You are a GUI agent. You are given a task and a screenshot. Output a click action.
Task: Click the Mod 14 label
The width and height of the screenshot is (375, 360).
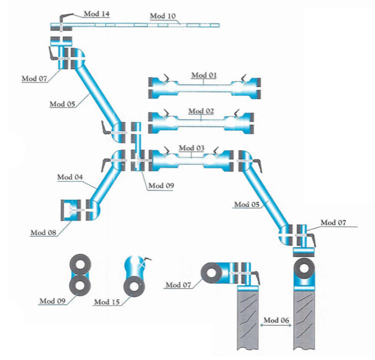[x=96, y=14]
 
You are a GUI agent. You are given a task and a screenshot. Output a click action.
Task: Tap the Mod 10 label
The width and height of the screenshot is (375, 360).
[x=162, y=16]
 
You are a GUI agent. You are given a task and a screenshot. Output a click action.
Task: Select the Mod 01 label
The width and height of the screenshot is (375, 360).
[x=204, y=75]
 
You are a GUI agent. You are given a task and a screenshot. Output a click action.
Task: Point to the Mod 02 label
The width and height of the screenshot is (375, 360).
[x=201, y=111]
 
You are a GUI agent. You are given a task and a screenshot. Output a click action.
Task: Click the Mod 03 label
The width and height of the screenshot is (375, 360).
[x=192, y=148]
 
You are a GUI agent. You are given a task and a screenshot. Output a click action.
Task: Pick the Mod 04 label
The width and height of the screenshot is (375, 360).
[x=70, y=177]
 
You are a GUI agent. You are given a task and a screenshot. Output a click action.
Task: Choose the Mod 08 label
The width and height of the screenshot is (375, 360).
[x=43, y=232]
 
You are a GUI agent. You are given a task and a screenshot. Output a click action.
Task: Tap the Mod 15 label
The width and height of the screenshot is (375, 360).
[x=107, y=302]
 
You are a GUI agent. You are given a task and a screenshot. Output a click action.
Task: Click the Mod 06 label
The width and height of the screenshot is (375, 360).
[x=276, y=320]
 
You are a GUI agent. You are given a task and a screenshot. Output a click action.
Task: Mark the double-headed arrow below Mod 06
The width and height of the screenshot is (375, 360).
[x=276, y=325]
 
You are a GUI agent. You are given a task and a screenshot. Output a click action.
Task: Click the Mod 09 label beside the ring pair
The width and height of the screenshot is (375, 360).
[x=53, y=301]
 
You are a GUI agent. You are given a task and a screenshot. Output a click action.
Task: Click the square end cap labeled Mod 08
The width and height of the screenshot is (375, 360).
[x=71, y=210]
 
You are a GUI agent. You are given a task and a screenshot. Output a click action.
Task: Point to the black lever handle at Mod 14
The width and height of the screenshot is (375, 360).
[x=66, y=17]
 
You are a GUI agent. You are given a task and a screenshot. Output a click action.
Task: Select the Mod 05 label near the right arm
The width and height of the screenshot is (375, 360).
[x=247, y=204]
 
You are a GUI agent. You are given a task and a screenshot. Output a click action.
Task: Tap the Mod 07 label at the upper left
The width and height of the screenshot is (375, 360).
[x=34, y=79]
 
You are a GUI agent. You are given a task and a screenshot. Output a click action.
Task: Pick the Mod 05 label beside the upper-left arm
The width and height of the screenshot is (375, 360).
[x=62, y=104]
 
